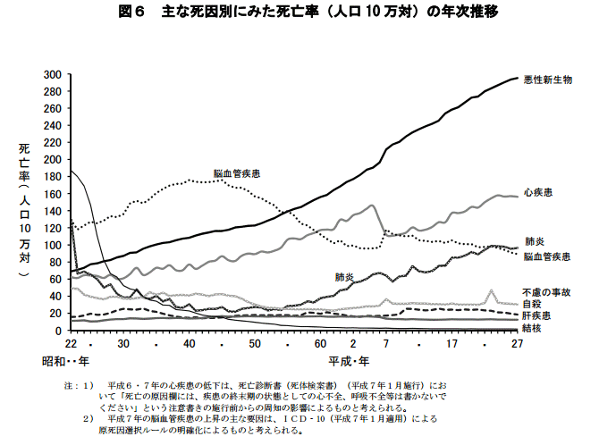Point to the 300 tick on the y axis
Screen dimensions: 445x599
point(54,74)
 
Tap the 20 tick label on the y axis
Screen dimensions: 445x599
point(56,314)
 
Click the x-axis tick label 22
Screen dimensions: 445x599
point(70,344)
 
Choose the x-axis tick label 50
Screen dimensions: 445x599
point(255,344)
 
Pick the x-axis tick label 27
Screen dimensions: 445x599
point(517,344)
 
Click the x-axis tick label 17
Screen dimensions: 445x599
point(452,344)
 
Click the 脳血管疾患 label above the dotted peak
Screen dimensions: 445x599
point(237,172)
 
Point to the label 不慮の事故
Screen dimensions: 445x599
point(546,292)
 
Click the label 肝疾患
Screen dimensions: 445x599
point(537,315)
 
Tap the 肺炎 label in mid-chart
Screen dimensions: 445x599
point(346,277)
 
